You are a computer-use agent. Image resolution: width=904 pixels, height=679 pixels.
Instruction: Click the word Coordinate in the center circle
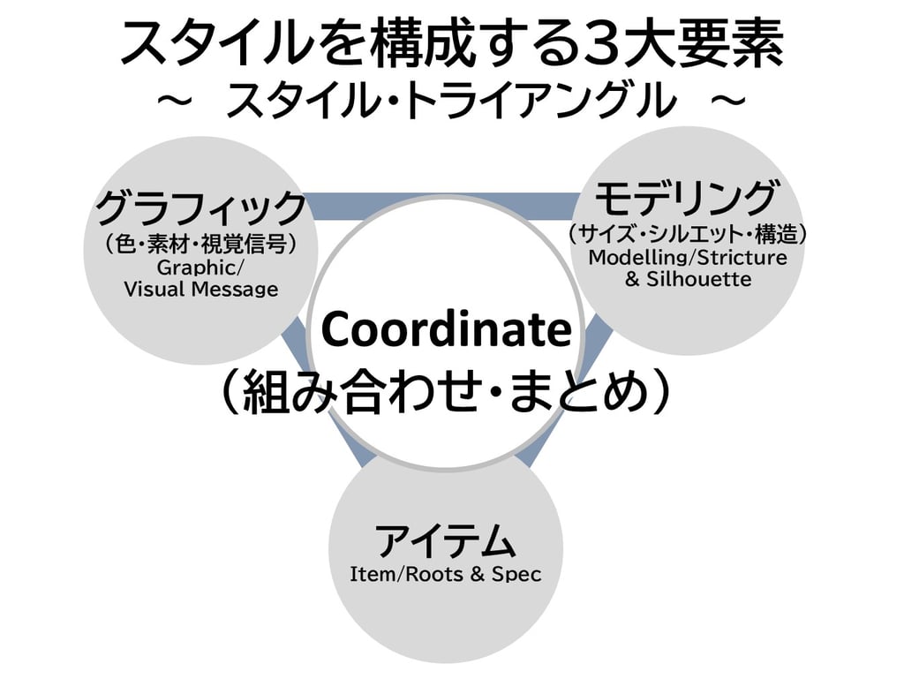point(446,331)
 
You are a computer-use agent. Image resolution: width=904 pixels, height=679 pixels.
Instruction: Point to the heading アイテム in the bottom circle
point(445,539)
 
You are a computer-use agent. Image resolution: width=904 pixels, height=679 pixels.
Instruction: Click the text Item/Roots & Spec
point(445,575)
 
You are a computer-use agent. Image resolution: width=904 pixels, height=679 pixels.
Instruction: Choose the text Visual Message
point(201,289)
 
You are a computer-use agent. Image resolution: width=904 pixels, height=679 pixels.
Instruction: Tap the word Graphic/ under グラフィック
point(201,267)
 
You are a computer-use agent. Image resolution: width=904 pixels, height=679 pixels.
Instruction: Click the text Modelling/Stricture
point(688,258)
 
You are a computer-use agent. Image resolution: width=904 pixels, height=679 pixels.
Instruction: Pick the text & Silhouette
point(688,280)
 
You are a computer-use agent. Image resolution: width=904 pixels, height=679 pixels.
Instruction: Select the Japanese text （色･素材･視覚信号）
point(201,243)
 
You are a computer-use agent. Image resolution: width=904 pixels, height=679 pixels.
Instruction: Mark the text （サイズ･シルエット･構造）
point(688,234)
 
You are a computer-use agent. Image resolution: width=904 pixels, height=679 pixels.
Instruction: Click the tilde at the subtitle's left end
point(175,102)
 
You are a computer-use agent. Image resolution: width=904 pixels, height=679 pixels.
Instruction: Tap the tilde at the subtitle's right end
point(727,102)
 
